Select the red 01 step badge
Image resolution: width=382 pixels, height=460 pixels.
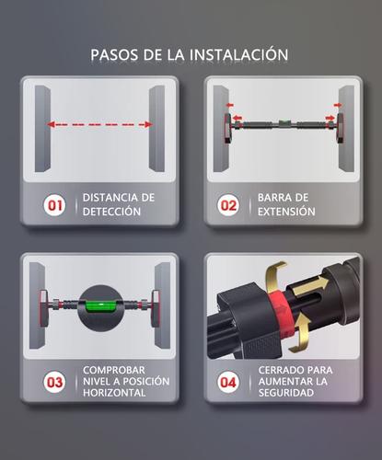click(x=56, y=205)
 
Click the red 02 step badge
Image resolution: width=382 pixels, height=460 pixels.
click(x=227, y=205)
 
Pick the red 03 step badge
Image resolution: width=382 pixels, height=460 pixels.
click(x=56, y=380)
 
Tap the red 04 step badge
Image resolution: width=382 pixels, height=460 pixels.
click(x=227, y=380)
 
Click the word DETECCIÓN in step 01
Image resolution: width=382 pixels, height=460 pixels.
click(x=112, y=213)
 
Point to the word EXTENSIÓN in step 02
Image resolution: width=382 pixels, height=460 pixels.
click(x=286, y=213)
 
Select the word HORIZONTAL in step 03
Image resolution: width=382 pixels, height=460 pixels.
click(x=114, y=393)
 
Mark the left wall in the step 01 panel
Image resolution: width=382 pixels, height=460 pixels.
click(x=43, y=129)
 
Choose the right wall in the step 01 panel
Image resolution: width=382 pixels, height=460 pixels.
click(x=156, y=129)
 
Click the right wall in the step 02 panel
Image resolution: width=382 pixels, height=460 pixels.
click(x=345, y=129)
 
